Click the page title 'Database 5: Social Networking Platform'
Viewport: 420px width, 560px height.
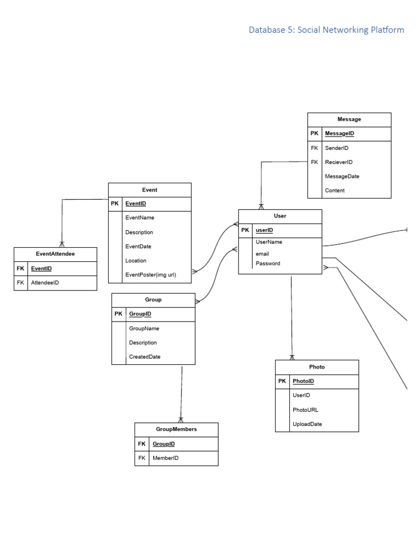(x=326, y=30)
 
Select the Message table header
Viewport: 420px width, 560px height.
(x=349, y=119)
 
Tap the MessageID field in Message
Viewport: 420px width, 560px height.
(x=339, y=133)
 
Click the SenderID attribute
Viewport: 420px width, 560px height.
(x=336, y=148)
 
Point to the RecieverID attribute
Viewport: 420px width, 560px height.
(x=339, y=162)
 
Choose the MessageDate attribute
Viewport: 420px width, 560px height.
(x=342, y=176)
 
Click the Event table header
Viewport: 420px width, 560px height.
(x=149, y=190)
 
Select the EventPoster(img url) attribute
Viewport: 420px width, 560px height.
(x=150, y=275)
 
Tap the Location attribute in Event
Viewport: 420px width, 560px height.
(x=136, y=260)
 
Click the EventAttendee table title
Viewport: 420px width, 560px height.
(x=55, y=254)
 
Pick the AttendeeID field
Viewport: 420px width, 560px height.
(x=45, y=283)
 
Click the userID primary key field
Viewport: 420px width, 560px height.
(x=264, y=230)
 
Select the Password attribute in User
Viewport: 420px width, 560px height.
(x=268, y=264)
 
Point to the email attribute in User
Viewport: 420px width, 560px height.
(x=262, y=254)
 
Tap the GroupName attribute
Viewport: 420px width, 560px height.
(x=144, y=329)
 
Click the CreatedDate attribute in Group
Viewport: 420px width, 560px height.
(x=144, y=357)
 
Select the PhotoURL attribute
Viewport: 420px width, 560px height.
(x=305, y=410)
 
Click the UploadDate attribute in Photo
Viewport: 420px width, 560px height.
(x=307, y=424)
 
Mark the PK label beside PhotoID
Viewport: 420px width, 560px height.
(x=282, y=381)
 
